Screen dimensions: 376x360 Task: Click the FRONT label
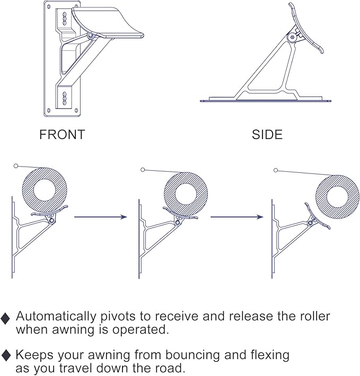(62, 135)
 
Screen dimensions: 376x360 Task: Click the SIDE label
(267, 135)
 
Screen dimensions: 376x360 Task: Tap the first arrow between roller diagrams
(101, 217)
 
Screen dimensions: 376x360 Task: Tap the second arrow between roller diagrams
(236, 217)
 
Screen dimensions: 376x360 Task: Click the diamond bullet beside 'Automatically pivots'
(6, 319)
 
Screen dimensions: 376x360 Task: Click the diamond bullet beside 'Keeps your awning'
(6, 356)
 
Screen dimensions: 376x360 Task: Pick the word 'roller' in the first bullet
(312, 317)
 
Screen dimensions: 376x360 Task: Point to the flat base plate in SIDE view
(265, 99)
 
